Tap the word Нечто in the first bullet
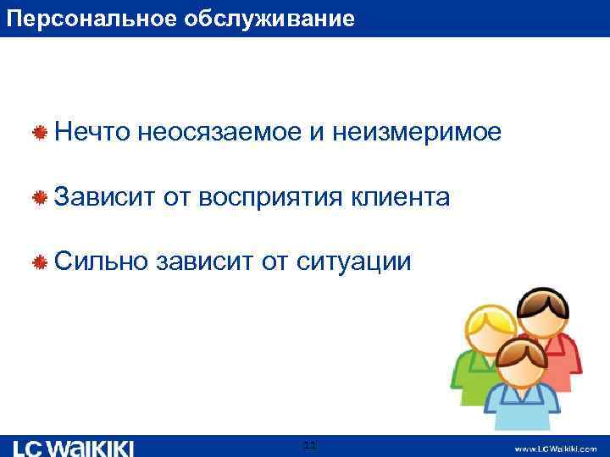pyautogui.click(x=90, y=132)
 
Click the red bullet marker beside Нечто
pyautogui.click(x=39, y=133)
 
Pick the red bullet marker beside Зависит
pyautogui.click(x=39, y=198)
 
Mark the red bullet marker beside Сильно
pyautogui.click(x=39, y=263)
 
